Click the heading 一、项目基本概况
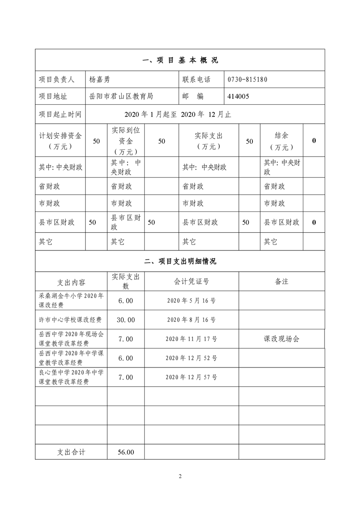180,60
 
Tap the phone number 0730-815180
247,79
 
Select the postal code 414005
238,96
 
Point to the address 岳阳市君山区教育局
121,96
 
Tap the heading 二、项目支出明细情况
180,261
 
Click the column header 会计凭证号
192,281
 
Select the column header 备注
281,281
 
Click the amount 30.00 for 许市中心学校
125,320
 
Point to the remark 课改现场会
281,339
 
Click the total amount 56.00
125,452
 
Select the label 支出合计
71,452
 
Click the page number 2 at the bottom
180,476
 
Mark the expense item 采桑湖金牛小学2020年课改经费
71,300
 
